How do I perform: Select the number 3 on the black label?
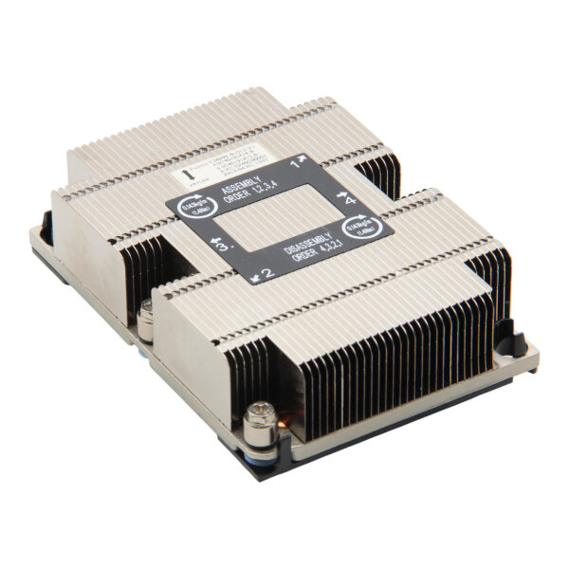pyautogui.click(x=225, y=245)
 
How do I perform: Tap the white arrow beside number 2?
pyautogui.click(x=256, y=278)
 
